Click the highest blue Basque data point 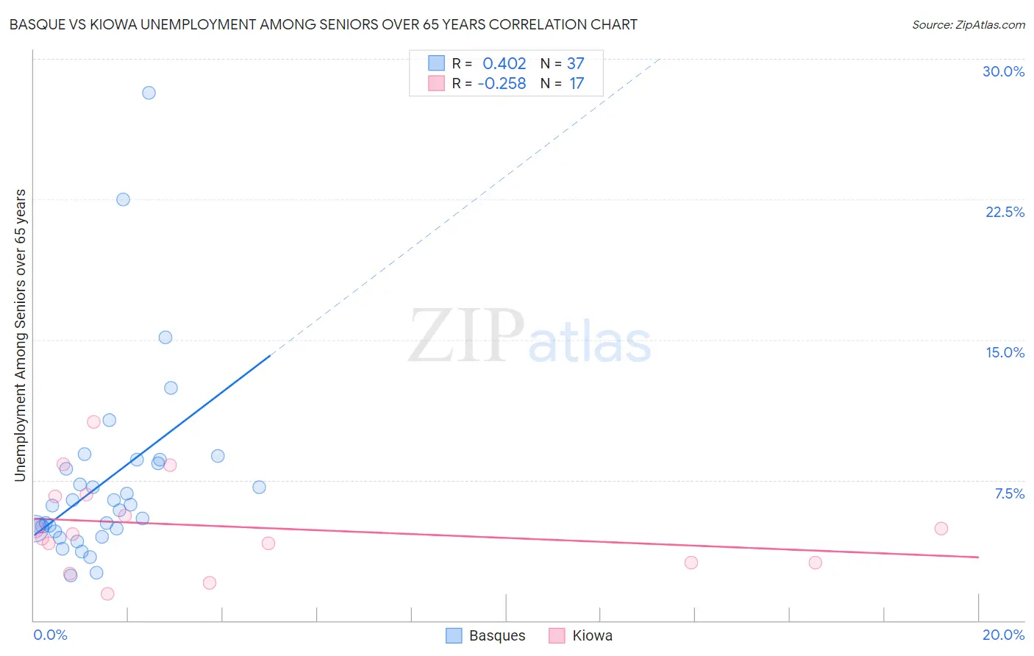click(149, 93)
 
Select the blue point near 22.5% click(123, 199)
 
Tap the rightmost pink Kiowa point click(941, 528)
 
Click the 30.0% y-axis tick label click(1003, 71)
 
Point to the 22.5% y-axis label click(1005, 212)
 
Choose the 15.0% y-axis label click(1005, 352)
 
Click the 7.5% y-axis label click(1009, 493)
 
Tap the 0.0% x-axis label click(50, 635)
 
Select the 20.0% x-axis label click(1003, 635)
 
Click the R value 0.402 click(504, 64)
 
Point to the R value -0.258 click(502, 84)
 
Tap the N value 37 click(575, 64)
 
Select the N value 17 click(577, 84)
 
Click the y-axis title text click(20, 335)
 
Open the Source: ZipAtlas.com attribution click(968, 24)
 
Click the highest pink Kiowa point click(93, 421)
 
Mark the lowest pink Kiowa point click(107, 593)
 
